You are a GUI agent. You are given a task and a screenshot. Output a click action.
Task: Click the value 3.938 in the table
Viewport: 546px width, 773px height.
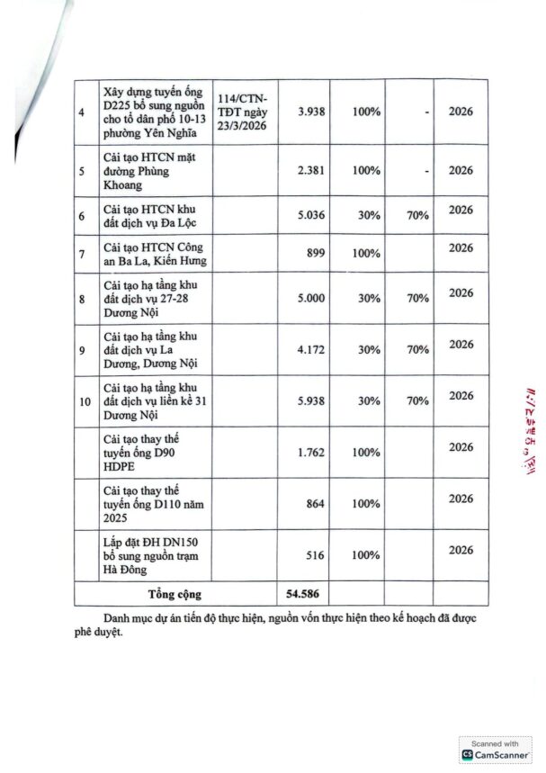tap(309, 112)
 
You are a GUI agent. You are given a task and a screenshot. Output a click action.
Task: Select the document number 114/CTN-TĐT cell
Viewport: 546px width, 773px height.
tap(245, 112)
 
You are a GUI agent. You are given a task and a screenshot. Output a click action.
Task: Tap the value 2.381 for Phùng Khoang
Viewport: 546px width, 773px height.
tap(309, 170)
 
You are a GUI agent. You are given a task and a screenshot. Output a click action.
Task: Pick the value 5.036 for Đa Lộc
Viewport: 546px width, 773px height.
tap(309, 216)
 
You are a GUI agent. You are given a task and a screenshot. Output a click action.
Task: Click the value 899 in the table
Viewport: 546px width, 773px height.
tap(315, 254)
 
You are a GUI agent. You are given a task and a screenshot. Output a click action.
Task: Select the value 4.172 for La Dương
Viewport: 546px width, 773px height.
tap(309, 350)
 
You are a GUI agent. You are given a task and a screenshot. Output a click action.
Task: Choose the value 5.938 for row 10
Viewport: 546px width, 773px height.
tap(309, 401)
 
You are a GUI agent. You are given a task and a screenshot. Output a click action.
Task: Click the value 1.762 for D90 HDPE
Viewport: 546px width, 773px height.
tap(309, 453)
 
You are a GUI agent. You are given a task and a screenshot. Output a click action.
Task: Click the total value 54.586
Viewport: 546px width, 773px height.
tap(303, 594)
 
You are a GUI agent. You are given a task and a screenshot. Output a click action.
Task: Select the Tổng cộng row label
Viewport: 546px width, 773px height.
tap(175, 594)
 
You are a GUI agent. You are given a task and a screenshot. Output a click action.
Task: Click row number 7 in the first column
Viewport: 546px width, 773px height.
tap(83, 254)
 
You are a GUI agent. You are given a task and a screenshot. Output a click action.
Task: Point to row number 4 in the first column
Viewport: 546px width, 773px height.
tap(83, 112)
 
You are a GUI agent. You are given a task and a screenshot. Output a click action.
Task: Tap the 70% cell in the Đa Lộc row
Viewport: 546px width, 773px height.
tap(416, 216)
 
